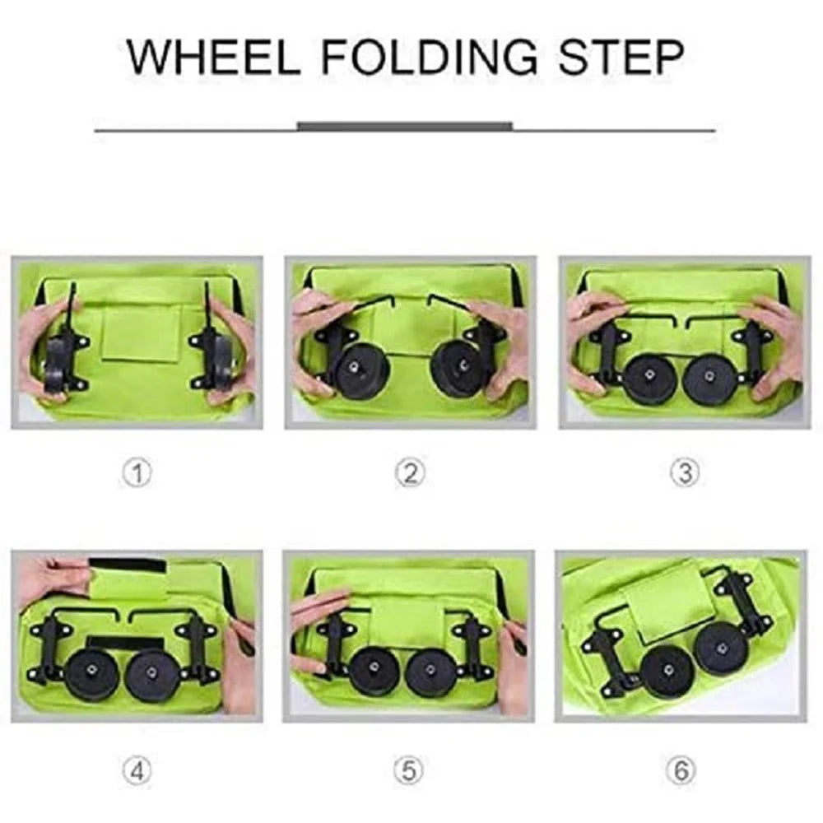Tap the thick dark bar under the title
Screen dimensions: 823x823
(404, 127)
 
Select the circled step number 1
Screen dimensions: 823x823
(137, 473)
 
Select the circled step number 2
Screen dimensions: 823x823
(410, 473)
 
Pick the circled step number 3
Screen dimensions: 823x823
(684, 473)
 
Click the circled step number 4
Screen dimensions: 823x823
(137, 771)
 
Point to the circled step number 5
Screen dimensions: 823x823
(410, 771)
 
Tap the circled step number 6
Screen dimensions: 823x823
(681, 771)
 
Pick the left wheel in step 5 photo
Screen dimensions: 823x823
(374, 672)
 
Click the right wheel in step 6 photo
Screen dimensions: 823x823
(720, 648)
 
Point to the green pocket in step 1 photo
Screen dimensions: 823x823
(142, 333)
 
